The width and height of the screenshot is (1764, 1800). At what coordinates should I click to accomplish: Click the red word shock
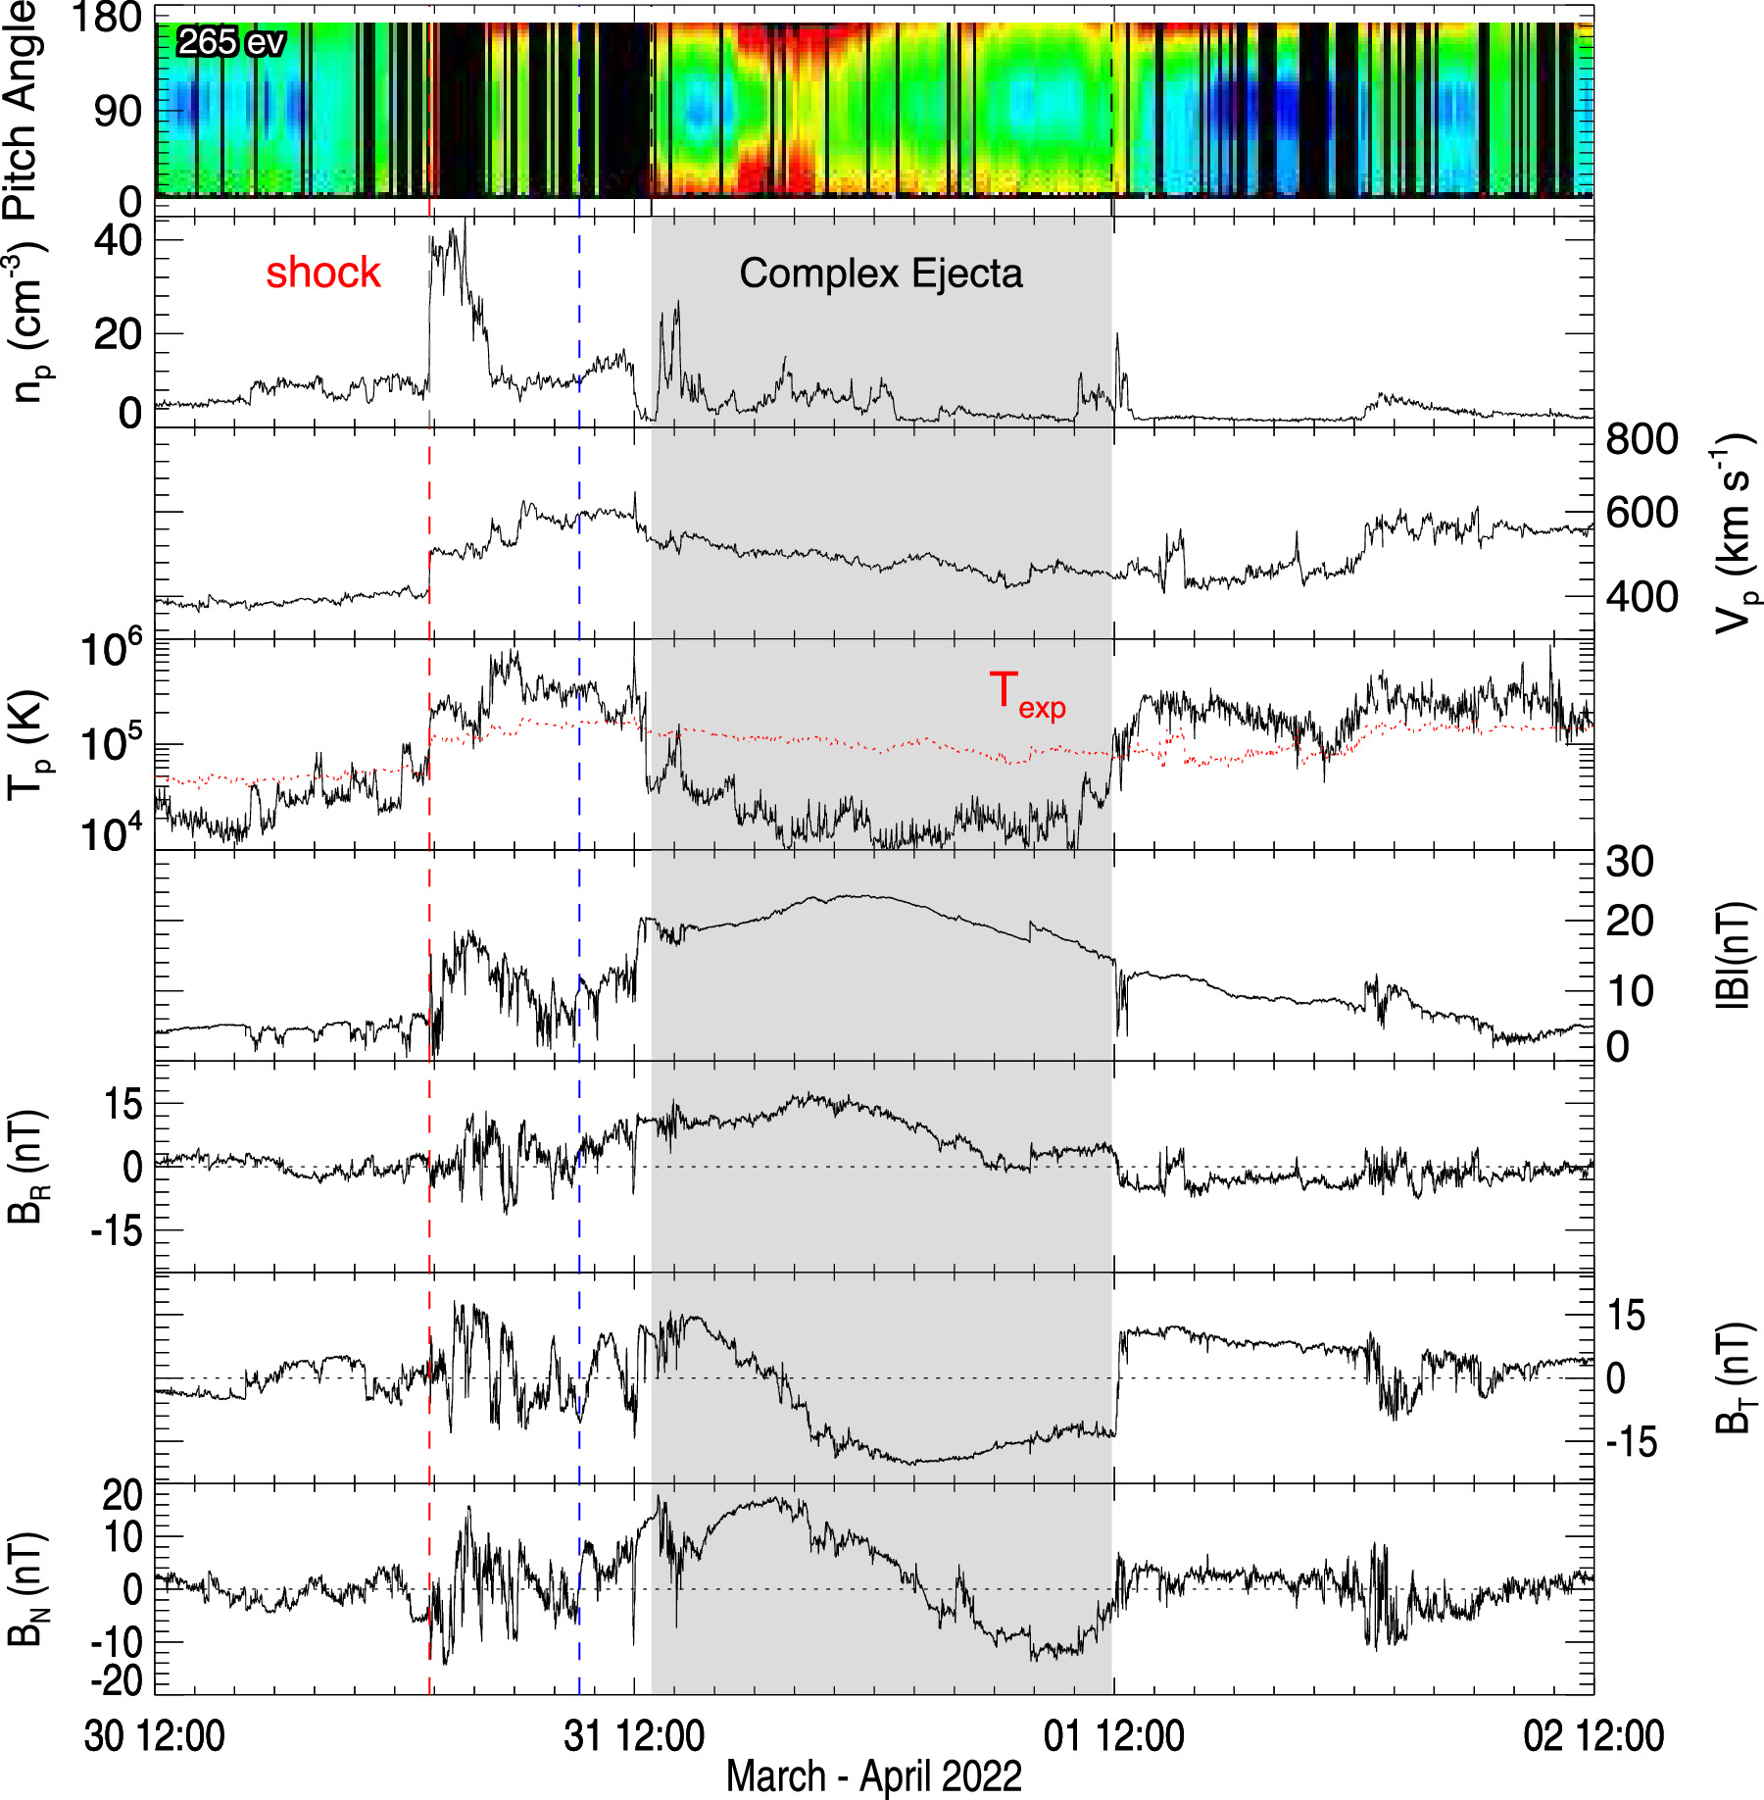(322, 273)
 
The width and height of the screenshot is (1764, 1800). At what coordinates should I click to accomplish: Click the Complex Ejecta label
(880, 274)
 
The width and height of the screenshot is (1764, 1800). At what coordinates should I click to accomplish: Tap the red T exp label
(1026, 694)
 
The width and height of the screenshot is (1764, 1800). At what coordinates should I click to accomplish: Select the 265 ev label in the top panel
(231, 42)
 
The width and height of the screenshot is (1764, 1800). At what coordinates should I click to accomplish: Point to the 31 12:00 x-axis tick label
(634, 1735)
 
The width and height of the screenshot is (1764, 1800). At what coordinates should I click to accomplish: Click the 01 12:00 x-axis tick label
(1113, 1735)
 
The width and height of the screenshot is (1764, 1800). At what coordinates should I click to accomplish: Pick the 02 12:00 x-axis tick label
(1593, 1735)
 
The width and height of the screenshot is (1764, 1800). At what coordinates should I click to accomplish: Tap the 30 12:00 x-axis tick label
(155, 1735)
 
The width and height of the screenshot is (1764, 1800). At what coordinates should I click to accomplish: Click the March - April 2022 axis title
(873, 1776)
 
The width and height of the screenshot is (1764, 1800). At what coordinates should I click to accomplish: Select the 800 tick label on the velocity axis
(1641, 439)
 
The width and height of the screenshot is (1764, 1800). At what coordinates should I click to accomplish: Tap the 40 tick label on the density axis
(118, 240)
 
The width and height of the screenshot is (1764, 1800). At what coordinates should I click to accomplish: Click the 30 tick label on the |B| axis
(1630, 862)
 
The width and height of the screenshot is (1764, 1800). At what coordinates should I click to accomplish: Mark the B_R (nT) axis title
(25, 1167)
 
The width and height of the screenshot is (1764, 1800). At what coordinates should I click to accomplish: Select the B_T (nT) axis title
(1736, 1377)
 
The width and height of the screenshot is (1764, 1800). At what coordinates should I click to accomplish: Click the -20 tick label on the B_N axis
(116, 1681)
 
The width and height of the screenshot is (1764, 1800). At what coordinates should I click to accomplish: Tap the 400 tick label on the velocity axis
(1641, 596)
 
